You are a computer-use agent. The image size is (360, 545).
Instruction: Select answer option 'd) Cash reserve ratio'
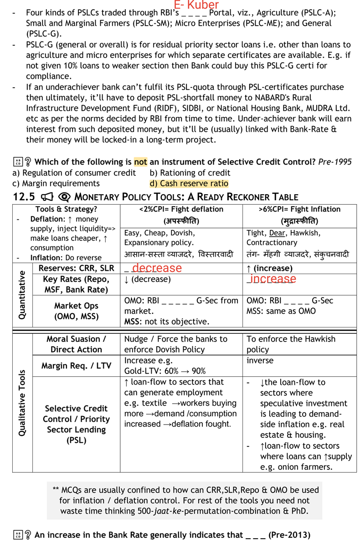[x=189, y=183]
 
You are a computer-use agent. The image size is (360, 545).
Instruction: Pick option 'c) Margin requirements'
[x=56, y=183]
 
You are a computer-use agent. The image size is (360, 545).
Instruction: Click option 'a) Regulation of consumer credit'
[x=74, y=172]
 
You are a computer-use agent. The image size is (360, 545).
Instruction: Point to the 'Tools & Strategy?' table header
[x=66, y=209]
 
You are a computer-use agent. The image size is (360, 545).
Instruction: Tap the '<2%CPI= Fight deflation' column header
[x=181, y=209]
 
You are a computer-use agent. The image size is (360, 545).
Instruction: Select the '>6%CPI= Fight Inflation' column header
[x=299, y=209]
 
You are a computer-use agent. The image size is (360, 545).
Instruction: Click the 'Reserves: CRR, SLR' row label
[x=76, y=268]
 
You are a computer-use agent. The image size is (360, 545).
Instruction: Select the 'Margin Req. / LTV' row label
[x=76, y=366]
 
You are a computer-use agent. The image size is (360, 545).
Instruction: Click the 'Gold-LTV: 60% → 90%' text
[x=165, y=371]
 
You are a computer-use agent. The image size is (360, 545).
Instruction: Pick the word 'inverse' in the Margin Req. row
[x=260, y=361]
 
